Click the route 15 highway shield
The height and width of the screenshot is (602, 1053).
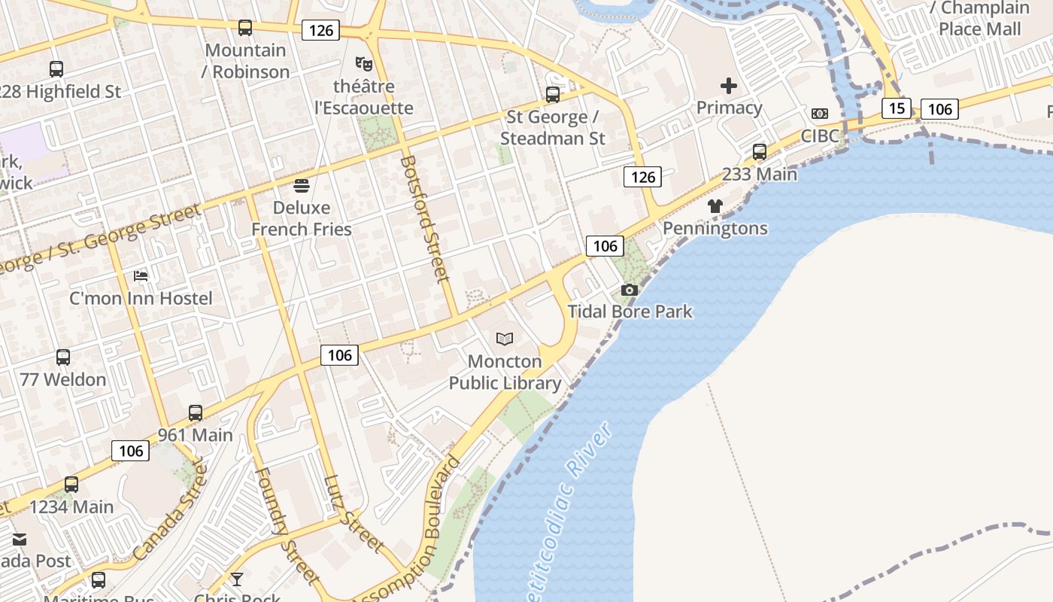click(896, 108)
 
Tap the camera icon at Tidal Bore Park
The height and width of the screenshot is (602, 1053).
click(630, 290)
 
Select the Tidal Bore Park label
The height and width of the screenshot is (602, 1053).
click(630, 312)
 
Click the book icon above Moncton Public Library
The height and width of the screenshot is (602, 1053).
click(505, 339)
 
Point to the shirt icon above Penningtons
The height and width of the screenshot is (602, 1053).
click(715, 206)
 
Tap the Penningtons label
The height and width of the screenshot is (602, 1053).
click(715, 228)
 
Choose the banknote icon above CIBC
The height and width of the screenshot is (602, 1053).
click(819, 114)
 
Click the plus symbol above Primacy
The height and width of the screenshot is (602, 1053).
click(728, 86)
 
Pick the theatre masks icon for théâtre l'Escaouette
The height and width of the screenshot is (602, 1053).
click(364, 64)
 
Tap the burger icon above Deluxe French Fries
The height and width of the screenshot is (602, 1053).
click(302, 185)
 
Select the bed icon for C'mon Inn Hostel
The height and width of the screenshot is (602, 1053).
click(141, 276)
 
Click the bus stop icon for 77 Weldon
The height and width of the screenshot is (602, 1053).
click(63, 357)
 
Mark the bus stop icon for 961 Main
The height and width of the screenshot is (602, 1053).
click(196, 413)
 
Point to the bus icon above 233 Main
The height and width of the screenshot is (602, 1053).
click(760, 152)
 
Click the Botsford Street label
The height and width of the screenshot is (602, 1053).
click(425, 218)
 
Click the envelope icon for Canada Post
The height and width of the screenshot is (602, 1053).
click(20, 540)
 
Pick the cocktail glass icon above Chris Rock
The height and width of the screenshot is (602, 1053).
click(237, 579)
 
